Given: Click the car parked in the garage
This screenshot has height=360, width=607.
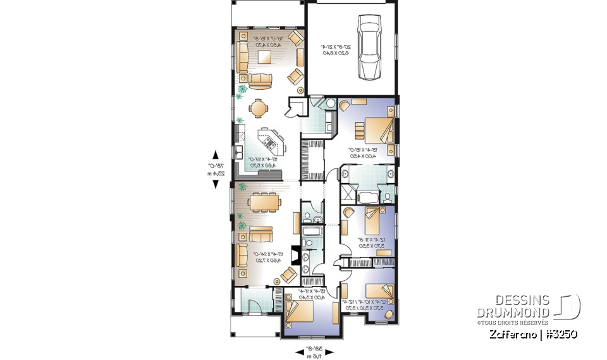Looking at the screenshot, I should (x=369, y=48).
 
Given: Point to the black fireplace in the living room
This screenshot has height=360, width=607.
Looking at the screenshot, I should (x=294, y=252).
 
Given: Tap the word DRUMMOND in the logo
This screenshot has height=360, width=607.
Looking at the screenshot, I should (x=513, y=313).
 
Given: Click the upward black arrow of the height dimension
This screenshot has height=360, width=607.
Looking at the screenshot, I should (x=216, y=154).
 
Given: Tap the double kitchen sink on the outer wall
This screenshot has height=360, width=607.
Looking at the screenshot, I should (x=240, y=152).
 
